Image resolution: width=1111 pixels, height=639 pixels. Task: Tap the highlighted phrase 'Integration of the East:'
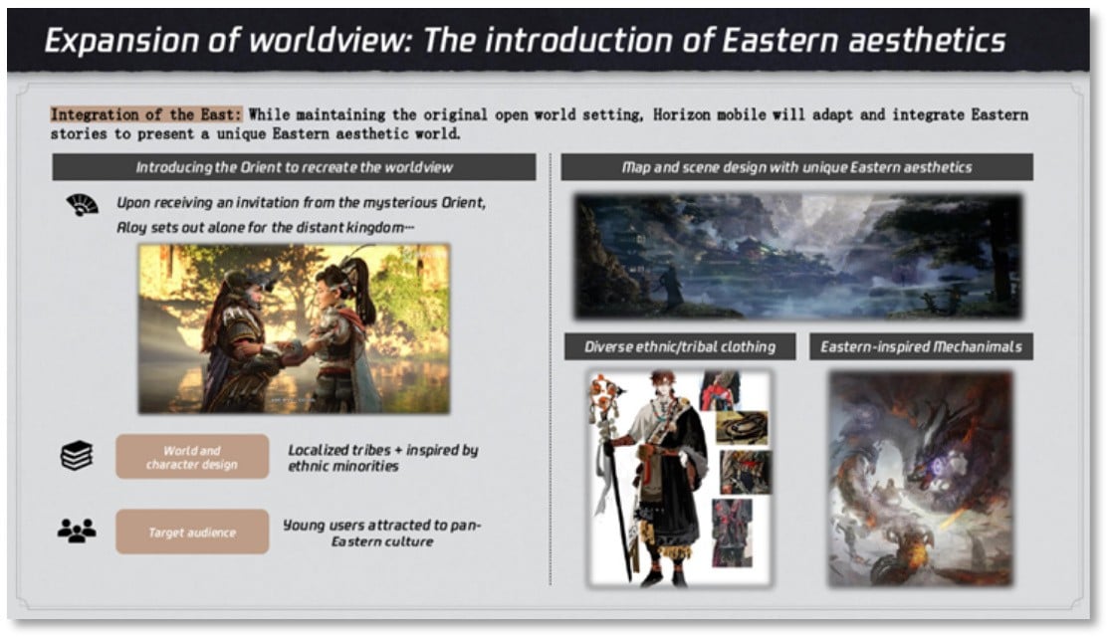[146, 114]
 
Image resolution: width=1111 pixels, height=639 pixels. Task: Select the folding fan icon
[83, 205]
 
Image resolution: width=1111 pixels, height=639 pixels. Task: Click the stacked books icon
[77, 456]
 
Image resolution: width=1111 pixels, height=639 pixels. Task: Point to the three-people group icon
[77, 531]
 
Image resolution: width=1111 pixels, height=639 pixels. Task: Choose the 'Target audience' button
[192, 532]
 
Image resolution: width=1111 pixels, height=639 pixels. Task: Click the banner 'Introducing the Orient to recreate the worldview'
[294, 167]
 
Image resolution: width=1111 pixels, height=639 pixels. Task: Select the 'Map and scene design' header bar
[796, 167]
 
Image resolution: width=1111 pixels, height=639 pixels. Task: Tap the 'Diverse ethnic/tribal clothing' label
[680, 346]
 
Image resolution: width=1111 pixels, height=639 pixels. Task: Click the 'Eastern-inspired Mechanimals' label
[921, 346]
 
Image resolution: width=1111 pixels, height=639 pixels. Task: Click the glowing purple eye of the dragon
[940, 466]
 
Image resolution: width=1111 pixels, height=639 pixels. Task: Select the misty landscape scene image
[797, 256]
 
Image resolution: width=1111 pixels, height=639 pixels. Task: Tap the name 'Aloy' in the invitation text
[131, 227]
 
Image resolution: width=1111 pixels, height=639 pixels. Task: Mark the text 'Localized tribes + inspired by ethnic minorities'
[382, 458]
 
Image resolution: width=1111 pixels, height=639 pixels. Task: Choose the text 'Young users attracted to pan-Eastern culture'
[382, 532]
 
